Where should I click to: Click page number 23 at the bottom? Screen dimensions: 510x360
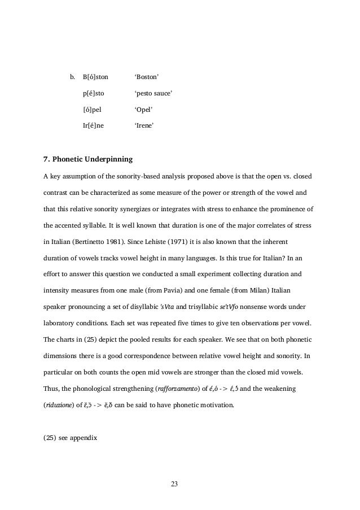[x=173, y=483]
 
